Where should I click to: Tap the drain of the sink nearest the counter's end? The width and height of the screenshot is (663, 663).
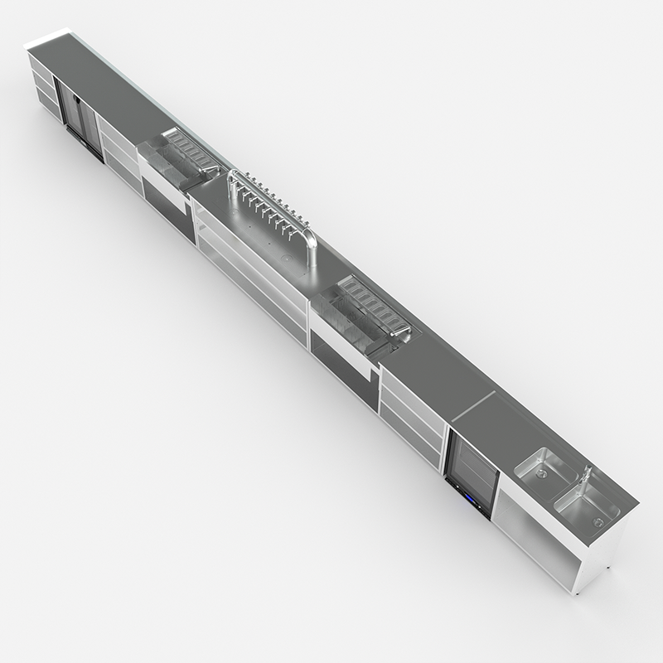click(596, 521)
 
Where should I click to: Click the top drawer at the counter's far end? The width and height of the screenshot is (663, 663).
click(42, 67)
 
